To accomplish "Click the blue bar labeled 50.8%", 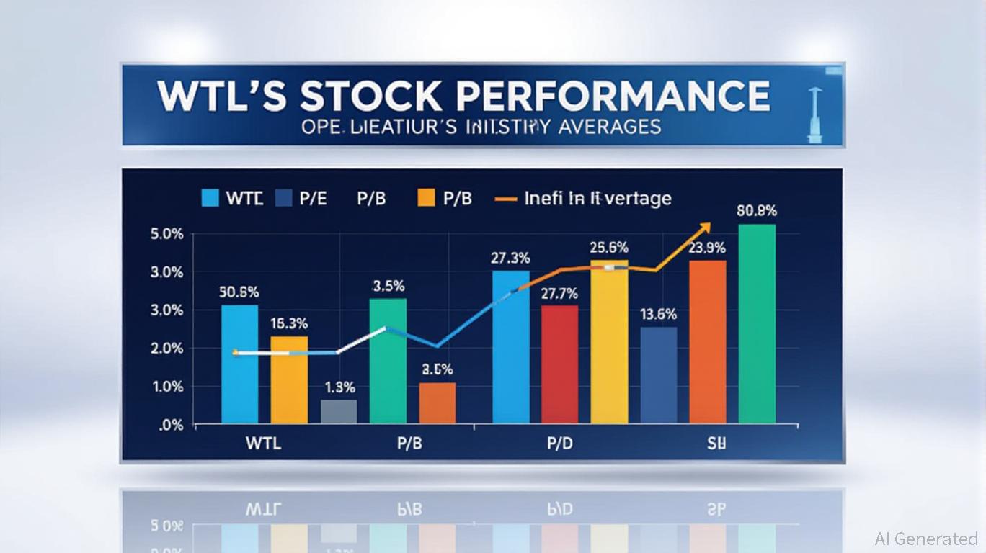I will coord(239,364).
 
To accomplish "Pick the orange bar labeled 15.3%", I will coord(289,379).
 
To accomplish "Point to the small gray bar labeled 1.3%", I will coord(338,411).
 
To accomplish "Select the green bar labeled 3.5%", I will coord(388,360).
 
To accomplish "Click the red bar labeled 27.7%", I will coord(559,364).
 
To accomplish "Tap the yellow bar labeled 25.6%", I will coord(609,341).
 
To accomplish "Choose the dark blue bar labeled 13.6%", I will coord(658,374).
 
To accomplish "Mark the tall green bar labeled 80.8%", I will coord(757,323).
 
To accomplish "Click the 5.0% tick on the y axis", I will coord(166,235).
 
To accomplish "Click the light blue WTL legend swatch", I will coord(210,198).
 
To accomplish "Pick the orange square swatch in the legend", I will coord(426,198).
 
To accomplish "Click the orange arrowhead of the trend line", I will coord(704,228).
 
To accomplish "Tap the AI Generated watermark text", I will coord(925,539).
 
